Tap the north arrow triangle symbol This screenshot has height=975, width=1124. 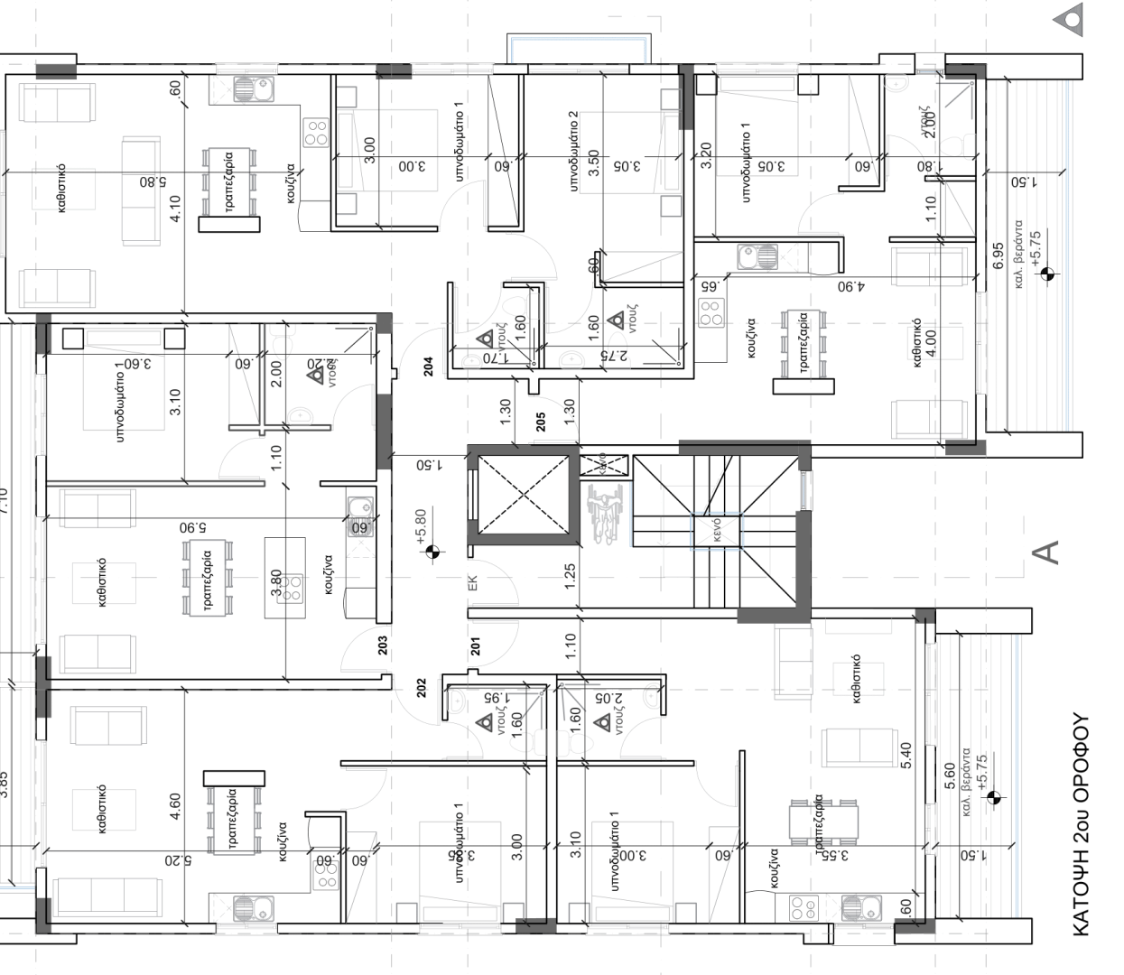1072,19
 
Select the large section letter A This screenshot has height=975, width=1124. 1047,552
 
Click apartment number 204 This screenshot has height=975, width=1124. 429,366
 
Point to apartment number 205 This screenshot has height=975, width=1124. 541,422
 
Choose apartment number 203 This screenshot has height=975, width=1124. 383,645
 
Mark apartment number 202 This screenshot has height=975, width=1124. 421,687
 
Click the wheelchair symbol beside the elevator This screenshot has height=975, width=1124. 600,515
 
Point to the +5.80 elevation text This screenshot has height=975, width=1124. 421,526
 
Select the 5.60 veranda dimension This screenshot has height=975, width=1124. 948,777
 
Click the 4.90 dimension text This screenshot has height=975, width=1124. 850,286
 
